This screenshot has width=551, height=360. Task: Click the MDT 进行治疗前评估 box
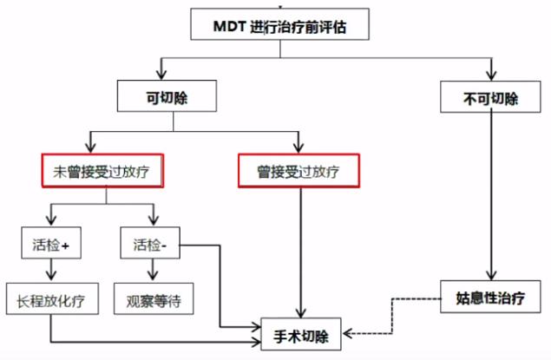tap(280, 24)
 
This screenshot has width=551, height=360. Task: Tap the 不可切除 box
tap(491, 98)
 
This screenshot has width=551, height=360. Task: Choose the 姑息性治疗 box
tap(491, 299)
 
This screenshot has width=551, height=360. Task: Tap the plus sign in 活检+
tap(65, 245)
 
